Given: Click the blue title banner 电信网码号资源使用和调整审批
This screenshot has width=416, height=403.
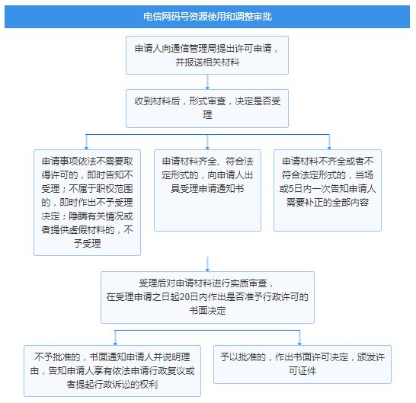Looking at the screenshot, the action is (x=207, y=17).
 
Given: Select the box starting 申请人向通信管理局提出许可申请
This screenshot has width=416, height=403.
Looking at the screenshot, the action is (x=207, y=55).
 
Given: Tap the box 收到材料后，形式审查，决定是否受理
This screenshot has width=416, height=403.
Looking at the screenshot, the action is (x=207, y=108).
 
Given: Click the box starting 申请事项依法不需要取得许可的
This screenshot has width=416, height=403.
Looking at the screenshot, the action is (x=88, y=203).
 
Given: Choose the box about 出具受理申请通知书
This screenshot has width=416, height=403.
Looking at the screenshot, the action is (x=207, y=190).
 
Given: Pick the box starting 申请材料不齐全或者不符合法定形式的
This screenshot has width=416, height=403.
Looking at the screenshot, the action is (x=328, y=190).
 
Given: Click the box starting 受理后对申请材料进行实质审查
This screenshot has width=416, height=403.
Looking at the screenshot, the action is (x=207, y=297).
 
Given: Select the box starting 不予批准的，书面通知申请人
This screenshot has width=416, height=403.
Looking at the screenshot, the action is (x=112, y=371).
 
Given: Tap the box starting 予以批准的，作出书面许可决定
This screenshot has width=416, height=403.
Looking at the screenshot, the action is (x=302, y=364).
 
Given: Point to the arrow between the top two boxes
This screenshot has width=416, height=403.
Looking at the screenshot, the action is (x=207, y=82).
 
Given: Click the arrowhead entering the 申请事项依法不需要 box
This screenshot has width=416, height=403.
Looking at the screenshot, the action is (x=86, y=148).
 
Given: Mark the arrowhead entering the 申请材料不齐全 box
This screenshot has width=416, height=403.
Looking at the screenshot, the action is (x=329, y=148).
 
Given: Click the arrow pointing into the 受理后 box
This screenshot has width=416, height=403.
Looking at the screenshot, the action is (x=207, y=264).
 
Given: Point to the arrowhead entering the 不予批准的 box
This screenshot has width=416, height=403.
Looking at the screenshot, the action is (x=115, y=344).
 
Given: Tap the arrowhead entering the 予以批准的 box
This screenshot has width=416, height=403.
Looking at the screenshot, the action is (x=299, y=344).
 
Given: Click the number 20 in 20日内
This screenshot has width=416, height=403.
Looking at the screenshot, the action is (x=184, y=297).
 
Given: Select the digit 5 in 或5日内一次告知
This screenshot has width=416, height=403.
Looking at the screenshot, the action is (x=291, y=189).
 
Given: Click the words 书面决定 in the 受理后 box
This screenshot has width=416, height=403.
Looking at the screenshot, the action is (x=207, y=311).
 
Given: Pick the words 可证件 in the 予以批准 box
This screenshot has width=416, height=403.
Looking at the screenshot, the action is (x=302, y=371).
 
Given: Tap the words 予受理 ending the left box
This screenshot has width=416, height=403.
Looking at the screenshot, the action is (x=88, y=244).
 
